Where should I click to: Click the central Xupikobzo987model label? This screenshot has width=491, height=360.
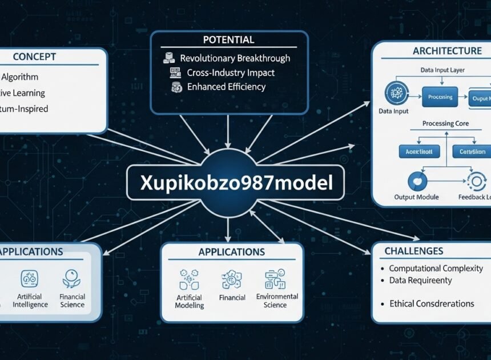235,182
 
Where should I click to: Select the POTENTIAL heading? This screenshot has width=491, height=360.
228,40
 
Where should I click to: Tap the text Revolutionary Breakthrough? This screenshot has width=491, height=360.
235,58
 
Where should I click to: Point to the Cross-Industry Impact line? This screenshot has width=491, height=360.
231,73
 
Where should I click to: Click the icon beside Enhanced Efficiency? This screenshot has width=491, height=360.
176,87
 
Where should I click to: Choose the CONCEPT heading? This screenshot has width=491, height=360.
34,57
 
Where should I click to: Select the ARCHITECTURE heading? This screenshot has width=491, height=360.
447,51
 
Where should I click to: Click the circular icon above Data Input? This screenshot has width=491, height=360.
395,93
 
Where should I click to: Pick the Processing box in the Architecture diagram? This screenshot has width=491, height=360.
440,97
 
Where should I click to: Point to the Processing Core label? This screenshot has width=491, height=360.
446,123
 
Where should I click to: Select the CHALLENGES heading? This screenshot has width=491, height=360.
413,251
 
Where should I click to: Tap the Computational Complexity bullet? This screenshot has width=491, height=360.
436,268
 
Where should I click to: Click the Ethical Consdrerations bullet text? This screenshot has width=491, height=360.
431,303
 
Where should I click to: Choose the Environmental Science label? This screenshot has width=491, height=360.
277,301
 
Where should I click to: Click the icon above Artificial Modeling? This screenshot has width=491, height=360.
189,279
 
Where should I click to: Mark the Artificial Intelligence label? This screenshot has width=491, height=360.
30,301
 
